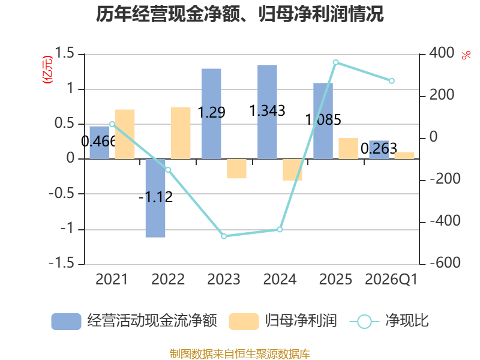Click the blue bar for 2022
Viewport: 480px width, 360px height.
(155, 198)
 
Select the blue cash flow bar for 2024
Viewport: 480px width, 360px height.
(267, 112)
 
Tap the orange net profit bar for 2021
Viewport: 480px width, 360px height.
(125, 134)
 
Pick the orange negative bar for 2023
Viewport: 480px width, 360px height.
(236, 169)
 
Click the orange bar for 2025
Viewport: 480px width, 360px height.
(349, 148)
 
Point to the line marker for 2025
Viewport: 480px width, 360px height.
(336, 62)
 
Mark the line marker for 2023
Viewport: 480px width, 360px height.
(224, 236)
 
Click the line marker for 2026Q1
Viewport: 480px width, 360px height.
(392, 81)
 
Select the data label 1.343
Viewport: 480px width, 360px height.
(267, 110)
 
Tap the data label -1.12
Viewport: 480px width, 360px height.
(155, 197)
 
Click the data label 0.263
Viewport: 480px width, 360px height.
(379, 149)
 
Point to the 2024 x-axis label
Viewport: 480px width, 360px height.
(280, 280)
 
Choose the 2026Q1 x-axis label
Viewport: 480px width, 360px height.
(391, 280)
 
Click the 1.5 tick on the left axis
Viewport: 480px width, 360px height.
(64, 53)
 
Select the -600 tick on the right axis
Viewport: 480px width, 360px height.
(445, 263)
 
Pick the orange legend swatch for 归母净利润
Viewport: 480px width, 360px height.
(244, 322)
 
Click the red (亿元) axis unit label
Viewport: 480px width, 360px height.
(47, 70)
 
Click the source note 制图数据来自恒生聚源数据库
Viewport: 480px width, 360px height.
(240, 354)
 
